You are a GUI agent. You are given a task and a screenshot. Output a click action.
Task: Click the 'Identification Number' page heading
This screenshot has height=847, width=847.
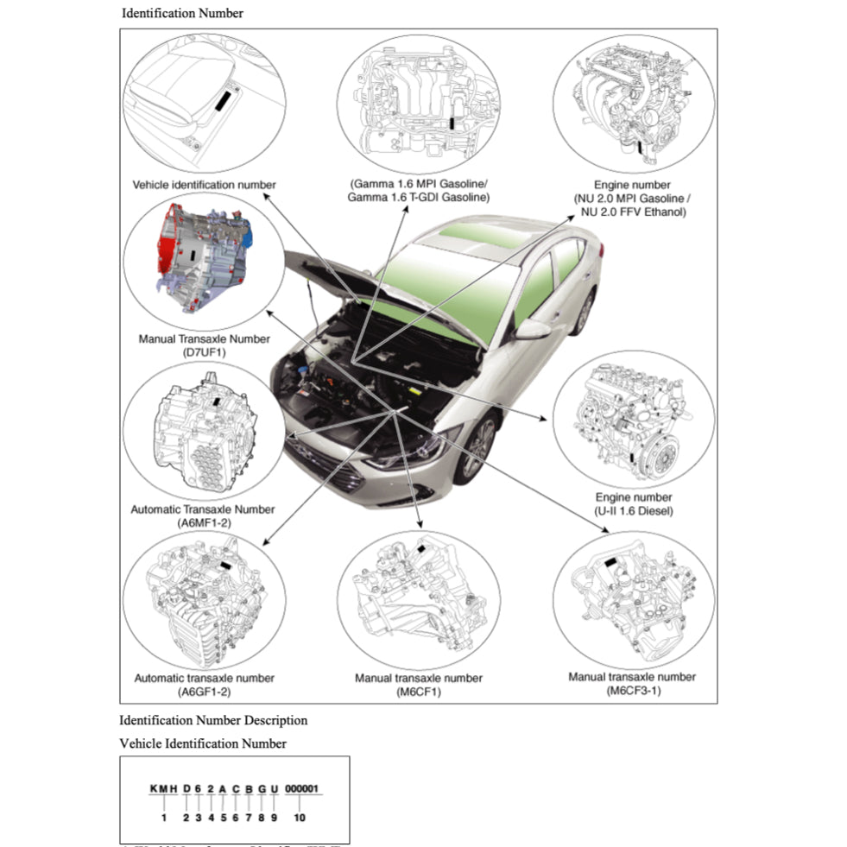pyautogui.click(x=182, y=13)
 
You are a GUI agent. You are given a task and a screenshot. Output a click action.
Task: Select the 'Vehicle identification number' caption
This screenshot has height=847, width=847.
pyautogui.click(x=205, y=185)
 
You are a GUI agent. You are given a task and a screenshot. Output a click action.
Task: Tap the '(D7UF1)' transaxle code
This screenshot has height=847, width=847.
pyautogui.click(x=205, y=352)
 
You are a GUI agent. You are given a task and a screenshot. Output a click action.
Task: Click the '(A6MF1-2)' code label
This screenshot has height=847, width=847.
pyautogui.click(x=205, y=523)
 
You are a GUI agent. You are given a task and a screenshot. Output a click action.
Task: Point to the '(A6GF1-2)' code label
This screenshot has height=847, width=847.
pyautogui.click(x=205, y=692)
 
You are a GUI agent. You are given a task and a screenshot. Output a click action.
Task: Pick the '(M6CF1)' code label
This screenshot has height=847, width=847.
pyautogui.click(x=419, y=692)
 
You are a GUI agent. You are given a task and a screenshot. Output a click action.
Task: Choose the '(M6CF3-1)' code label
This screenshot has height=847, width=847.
pyautogui.click(x=632, y=691)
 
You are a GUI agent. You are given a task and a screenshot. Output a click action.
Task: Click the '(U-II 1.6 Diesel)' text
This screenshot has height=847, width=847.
pyautogui.click(x=634, y=511)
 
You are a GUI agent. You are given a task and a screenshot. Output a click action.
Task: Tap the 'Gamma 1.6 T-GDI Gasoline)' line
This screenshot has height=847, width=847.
pyautogui.click(x=419, y=198)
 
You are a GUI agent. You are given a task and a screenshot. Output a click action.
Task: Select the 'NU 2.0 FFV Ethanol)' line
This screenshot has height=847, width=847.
pyautogui.click(x=632, y=212)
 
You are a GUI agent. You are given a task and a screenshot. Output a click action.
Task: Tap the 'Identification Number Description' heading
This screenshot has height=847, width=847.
pyautogui.click(x=213, y=720)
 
